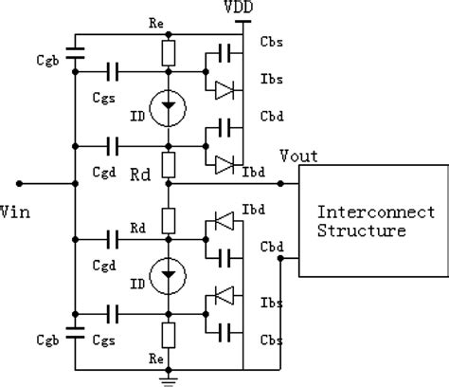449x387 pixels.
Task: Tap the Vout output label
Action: click(300, 156)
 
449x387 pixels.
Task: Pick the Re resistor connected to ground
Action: click(168, 335)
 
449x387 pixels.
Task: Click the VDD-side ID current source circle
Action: click(168, 107)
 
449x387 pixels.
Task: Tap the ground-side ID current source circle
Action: click(168, 278)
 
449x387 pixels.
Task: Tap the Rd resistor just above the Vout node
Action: click(168, 164)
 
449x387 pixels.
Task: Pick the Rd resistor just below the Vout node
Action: click(168, 221)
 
